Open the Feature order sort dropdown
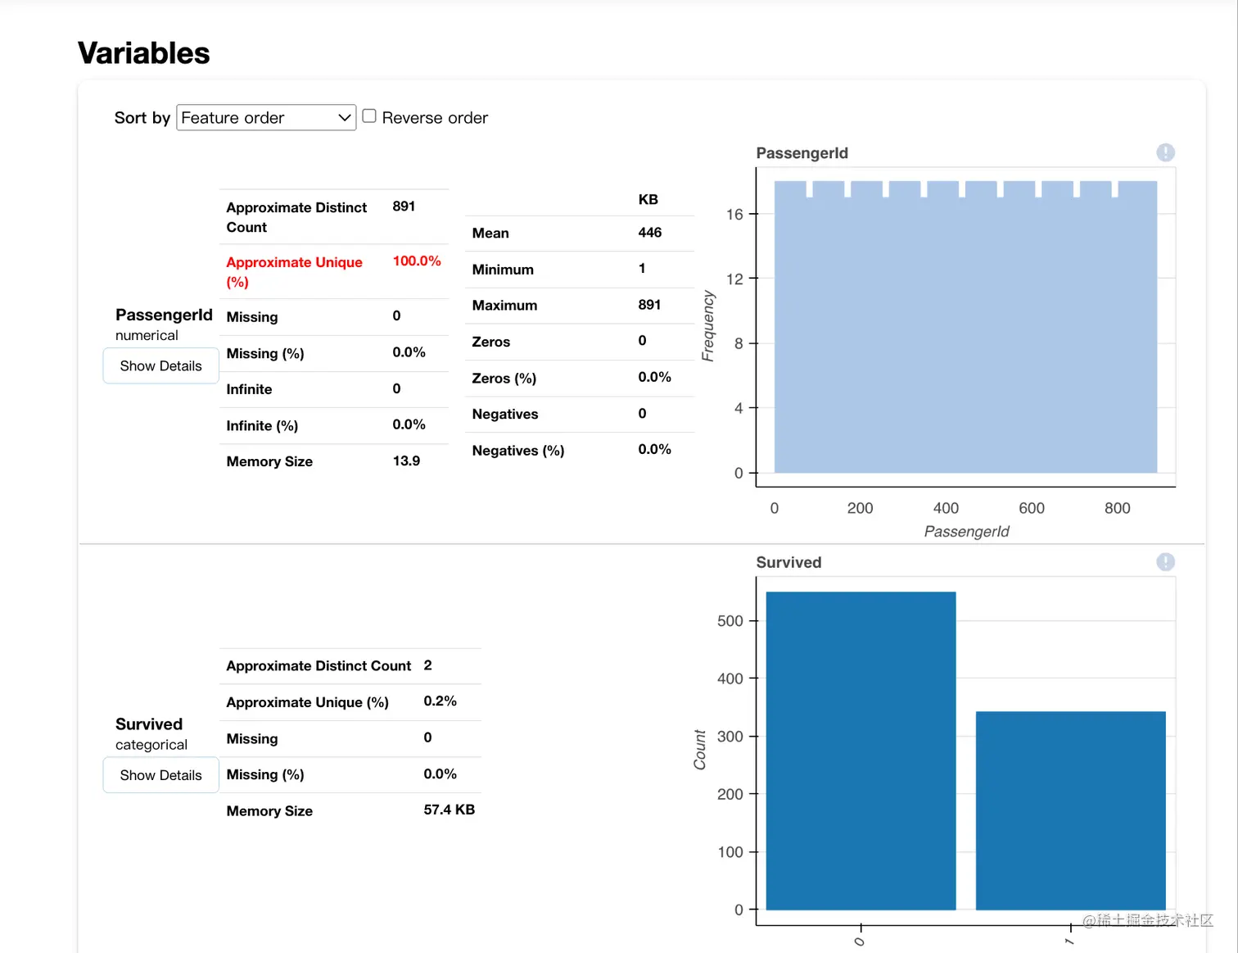(x=266, y=117)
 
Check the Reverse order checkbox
(x=369, y=116)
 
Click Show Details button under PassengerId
(x=160, y=365)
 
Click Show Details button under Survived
(x=160, y=775)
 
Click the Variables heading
(x=144, y=53)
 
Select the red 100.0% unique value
(x=417, y=261)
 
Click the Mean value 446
(x=649, y=233)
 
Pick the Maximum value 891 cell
(x=649, y=305)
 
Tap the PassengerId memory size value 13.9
(x=406, y=461)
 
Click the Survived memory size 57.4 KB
(x=449, y=810)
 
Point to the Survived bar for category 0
(x=861, y=750)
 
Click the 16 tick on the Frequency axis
(x=734, y=215)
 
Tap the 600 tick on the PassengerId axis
(x=1032, y=508)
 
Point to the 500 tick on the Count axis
(x=730, y=621)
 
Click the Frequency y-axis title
(x=708, y=325)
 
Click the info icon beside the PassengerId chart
(x=1165, y=152)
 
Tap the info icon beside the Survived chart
(x=1165, y=562)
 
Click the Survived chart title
(x=788, y=562)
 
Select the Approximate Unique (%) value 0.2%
(x=440, y=701)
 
